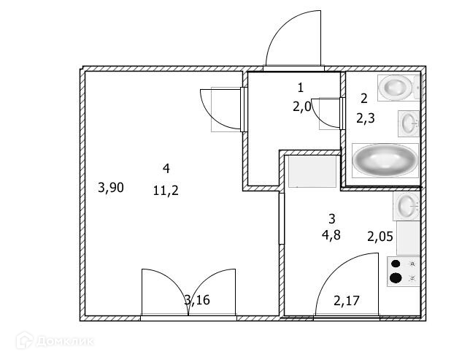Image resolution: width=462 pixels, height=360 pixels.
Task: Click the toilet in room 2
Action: (398, 88)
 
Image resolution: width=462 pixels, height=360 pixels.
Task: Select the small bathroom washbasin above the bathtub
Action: (409, 123)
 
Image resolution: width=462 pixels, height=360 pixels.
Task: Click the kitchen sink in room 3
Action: (406, 206)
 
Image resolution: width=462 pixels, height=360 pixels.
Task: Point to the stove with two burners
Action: (404, 270)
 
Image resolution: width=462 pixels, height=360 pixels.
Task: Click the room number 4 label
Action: (166, 169)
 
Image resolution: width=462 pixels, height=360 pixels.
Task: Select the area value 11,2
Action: (166, 191)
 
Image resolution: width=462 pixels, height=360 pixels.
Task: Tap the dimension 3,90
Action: (110, 188)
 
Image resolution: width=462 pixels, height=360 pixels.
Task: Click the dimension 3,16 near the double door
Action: (196, 299)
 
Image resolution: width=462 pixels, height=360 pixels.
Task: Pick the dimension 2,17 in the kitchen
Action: (347, 299)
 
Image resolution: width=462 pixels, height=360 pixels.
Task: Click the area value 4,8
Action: (331, 235)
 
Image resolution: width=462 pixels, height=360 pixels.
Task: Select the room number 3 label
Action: (331, 218)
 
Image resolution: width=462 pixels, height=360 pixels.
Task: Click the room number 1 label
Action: (300, 88)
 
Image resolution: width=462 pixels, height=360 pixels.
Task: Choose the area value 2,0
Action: (301, 107)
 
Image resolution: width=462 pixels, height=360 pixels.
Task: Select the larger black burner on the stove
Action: (396, 277)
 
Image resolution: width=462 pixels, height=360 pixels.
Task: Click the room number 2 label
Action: (363, 97)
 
